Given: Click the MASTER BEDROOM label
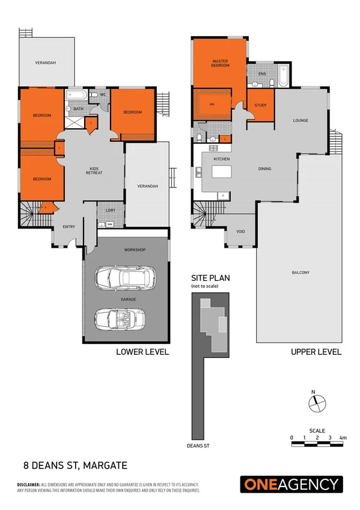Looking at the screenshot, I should [x=221, y=63].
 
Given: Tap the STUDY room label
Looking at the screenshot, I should [x=260, y=105].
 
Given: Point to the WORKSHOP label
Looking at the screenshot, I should [x=135, y=250].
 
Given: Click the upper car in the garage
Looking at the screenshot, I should [x=126, y=278].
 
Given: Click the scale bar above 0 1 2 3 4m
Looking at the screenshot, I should [x=317, y=444].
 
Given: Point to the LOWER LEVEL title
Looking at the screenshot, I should [x=142, y=352].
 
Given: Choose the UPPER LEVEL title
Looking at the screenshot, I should [x=316, y=352].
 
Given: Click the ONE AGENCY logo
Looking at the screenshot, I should [x=291, y=484].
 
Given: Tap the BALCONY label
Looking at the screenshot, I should [x=301, y=273].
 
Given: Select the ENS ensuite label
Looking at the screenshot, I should [x=262, y=74].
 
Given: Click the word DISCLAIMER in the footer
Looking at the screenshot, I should [x=28, y=484].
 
